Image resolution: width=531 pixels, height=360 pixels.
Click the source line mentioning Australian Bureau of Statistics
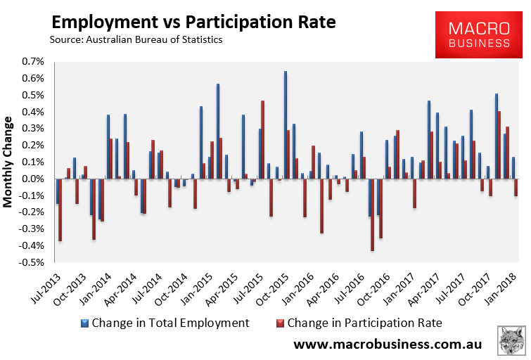coord(136,40)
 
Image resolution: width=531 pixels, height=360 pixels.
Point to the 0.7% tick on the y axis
coord(34,62)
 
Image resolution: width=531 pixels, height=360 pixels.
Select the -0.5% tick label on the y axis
coord(32,262)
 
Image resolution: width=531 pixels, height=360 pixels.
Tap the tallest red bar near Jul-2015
coord(262,139)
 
